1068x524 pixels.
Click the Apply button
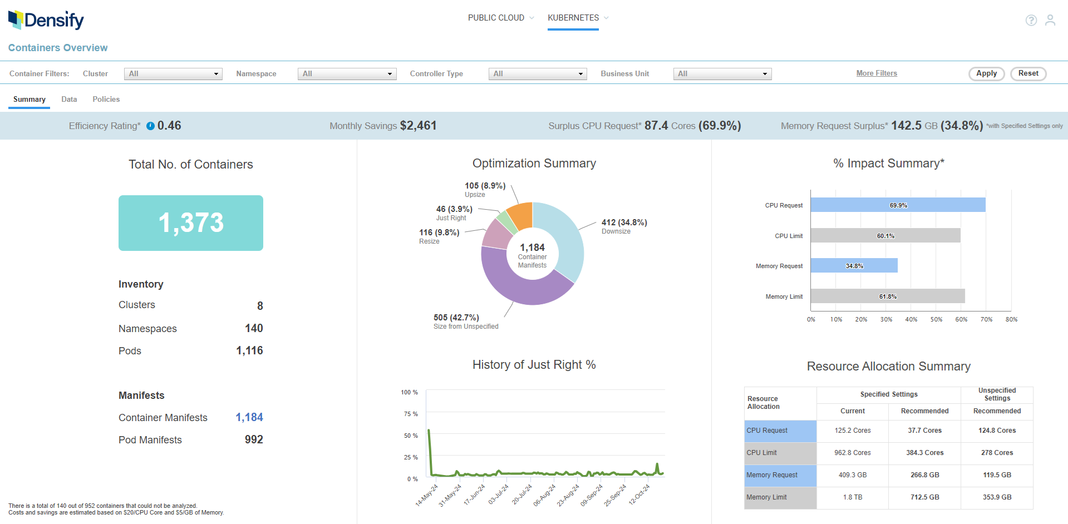click(x=986, y=73)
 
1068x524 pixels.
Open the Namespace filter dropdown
click(x=347, y=73)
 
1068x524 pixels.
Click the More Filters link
click(x=877, y=73)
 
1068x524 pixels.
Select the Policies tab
click(x=106, y=99)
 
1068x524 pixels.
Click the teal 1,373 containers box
click(x=191, y=223)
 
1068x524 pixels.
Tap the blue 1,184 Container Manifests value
click(x=249, y=417)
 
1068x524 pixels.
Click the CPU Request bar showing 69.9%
click(x=898, y=205)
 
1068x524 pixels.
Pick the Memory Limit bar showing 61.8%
click(x=888, y=296)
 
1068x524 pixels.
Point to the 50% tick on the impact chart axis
click(x=936, y=319)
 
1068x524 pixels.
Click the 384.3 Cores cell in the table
click(x=924, y=453)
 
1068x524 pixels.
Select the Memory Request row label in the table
click(x=772, y=475)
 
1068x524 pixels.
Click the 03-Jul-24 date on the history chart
click(x=499, y=494)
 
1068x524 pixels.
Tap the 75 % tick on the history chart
click(x=411, y=414)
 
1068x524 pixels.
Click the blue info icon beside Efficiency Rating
click(x=150, y=126)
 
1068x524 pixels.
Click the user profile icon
click(x=1050, y=20)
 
